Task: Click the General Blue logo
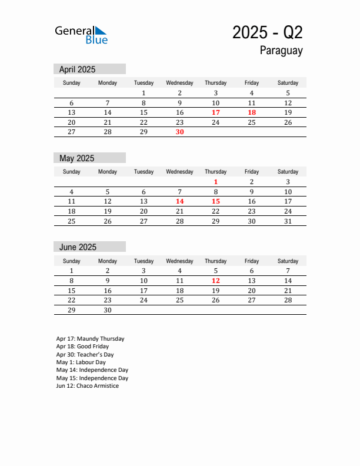[81, 35]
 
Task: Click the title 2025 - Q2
[267, 33]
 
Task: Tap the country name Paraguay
[281, 51]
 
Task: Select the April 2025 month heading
[77, 69]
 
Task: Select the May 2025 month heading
[76, 158]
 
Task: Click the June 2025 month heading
[78, 247]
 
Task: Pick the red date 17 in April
[216, 112]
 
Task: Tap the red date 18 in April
[252, 112]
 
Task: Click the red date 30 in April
[180, 132]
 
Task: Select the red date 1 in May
[216, 182]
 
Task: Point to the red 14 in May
[180, 201]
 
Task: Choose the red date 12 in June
[216, 281]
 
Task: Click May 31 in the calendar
[288, 221]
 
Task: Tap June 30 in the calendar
[108, 309]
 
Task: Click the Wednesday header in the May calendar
[180, 172]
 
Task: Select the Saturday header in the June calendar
[288, 261]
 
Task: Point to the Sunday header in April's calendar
[72, 83]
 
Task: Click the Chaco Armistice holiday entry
[88, 386]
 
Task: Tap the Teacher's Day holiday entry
[85, 355]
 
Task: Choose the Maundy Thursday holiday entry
[90, 339]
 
